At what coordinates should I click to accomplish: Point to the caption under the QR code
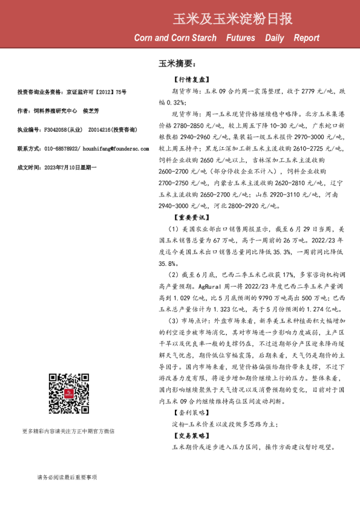(68, 431)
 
